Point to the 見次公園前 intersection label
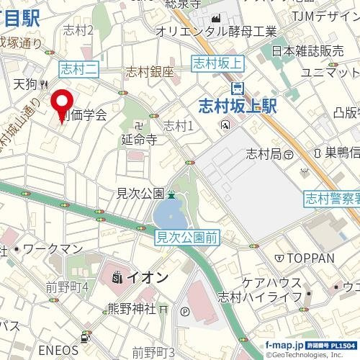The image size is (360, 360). point(187,236)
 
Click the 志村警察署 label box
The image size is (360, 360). point(331,197)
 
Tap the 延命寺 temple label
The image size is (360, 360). point(140,140)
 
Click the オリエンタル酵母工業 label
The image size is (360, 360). point(216,31)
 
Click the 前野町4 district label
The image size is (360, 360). point(68,287)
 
